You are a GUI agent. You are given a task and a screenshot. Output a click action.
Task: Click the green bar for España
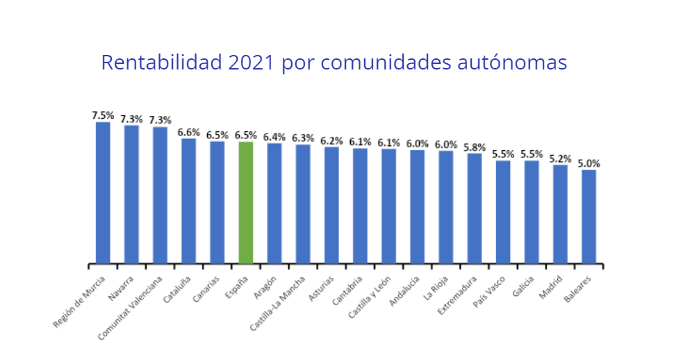point(245,203)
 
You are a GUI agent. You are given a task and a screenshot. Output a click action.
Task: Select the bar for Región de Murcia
point(103,193)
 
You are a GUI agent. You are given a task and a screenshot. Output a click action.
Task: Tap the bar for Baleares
point(589,217)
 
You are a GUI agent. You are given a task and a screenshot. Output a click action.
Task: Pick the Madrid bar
point(560,215)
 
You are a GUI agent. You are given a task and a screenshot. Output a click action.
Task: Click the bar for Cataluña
point(188,202)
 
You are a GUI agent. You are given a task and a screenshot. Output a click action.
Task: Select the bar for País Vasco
point(502,213)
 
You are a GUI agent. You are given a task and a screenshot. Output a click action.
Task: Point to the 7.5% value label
point(103,115)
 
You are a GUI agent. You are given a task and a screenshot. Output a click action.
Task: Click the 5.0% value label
point(589,163)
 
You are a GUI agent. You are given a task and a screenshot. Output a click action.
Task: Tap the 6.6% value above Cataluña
point(188,132)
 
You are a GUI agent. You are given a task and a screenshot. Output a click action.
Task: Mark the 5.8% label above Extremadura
point(475,147)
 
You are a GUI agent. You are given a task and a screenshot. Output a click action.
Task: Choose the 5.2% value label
point(560,158)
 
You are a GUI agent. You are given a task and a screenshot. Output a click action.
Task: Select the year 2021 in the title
point(252,63)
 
